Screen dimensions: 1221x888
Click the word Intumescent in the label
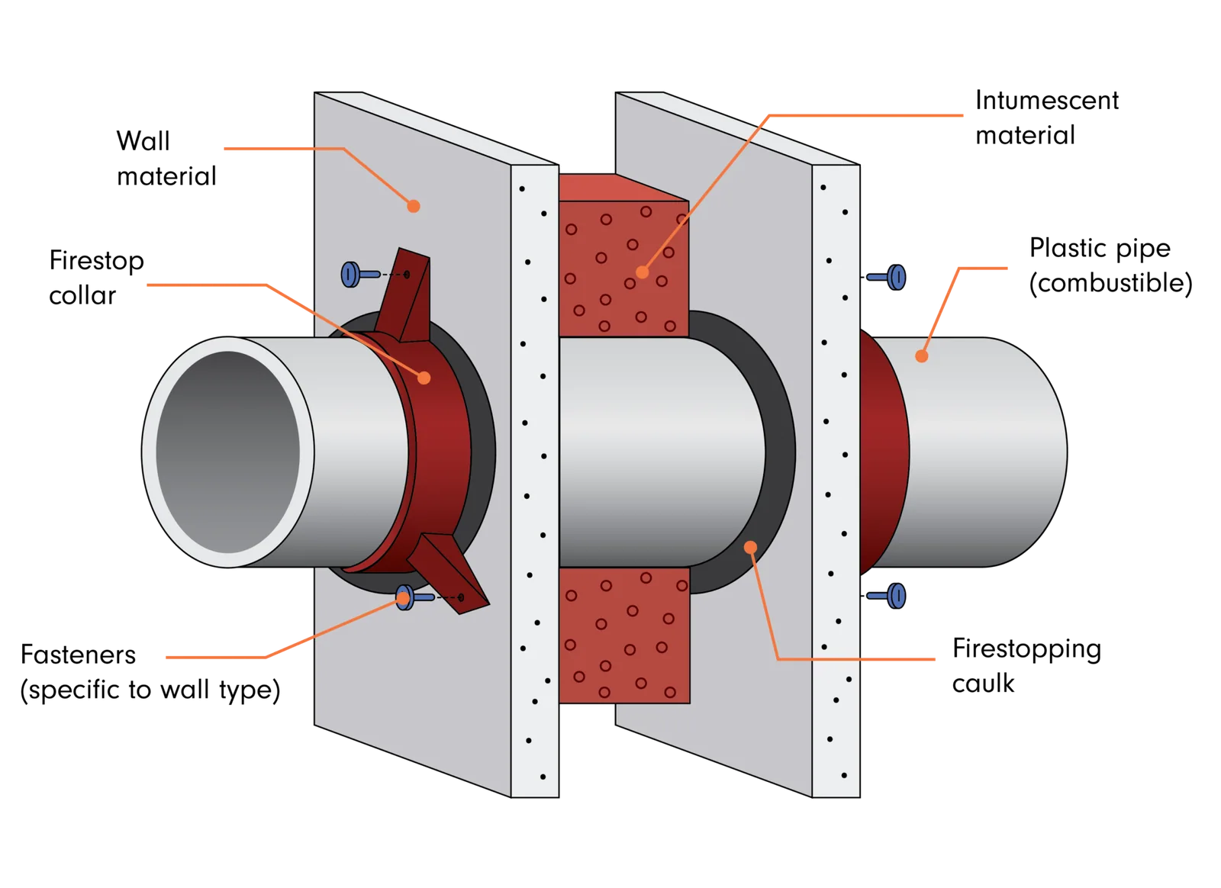pyautogui.click(x=1047, y=101)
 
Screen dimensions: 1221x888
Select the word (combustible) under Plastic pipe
pyautogui.click(x=1110, y=283)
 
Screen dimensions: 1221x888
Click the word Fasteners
pyautogui.click(x=78, y=655)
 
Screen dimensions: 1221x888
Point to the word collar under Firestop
pyautogui.click(x=82, y=296)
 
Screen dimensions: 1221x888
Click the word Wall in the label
pyautogui.click(x=143, y=141)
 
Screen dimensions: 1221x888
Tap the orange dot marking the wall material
pyautogui.click(x=414, y=207)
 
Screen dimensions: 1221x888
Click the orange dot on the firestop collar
pyautogui.click(x=424, y=378)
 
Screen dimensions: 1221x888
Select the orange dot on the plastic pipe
pyautogui.click(x=922, y=356)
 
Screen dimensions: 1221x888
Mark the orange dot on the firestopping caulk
pyautogui.click(x=751, y=547)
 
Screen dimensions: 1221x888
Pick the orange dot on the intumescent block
pyautogui.click(x=642, y=272)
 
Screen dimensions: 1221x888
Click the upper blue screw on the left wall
pyautogui.click(x=360, y=274)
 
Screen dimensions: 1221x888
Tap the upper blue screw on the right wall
pyautogui.click(x=887, y=277)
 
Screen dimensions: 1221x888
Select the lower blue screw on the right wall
pyautogui.click(x=887, y=596)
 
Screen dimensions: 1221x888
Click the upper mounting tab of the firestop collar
pyautogui.click(x=406, y=295)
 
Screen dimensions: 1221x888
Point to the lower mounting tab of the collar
pyautogui.click(x=449, y=573)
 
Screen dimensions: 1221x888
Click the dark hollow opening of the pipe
pyautogui.click(x=228, y=452)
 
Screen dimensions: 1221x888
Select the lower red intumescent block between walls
pyautogui.click(x=624, y=635)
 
